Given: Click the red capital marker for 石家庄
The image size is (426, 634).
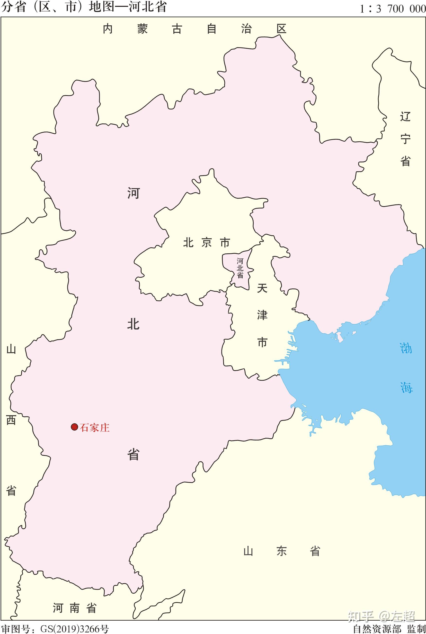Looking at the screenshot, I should tap(74, 427).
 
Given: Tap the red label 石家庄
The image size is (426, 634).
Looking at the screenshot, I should tap(95, 428).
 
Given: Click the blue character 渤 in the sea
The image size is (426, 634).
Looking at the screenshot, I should tap(406, 348).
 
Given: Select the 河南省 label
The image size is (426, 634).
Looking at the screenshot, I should tap(74, 608).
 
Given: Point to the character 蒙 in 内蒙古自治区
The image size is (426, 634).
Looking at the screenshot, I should tap(142, 29).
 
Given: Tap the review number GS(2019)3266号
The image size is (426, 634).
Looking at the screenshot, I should tap(74, 629).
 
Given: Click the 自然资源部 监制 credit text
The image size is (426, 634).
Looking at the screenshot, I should tap(389, 629).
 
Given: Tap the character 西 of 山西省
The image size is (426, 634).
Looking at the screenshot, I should tap(11, 420).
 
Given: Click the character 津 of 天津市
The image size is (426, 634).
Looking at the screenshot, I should tap(262, 315).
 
